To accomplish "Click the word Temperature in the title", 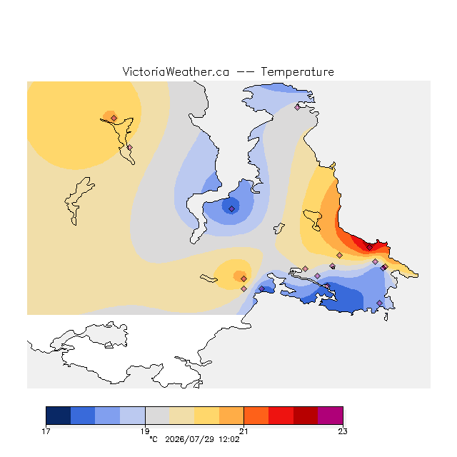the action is (297, 71).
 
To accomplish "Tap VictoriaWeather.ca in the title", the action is (176, 71).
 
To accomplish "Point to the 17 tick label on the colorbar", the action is (46, 431).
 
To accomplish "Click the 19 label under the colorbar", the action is (145, 431).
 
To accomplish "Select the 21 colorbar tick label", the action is (243, 431).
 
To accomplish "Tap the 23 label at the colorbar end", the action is (343, 431).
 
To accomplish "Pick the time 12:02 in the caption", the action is (229, 439).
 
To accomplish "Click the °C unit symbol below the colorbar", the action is (154, 439).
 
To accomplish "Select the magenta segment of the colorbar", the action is (330, 416).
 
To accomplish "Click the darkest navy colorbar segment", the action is (59, 416).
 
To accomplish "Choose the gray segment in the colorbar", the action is (157, 416).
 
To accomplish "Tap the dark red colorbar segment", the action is (306, 416).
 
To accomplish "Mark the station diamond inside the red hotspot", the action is (370, 248).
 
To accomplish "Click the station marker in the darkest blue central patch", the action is (231, 209).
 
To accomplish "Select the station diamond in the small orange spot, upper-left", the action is (114, 118).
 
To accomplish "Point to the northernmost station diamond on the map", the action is (297, 108).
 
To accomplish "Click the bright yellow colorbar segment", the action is (206, 416).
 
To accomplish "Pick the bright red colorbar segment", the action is (281, 416).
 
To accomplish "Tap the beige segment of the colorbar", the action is (182, 416).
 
